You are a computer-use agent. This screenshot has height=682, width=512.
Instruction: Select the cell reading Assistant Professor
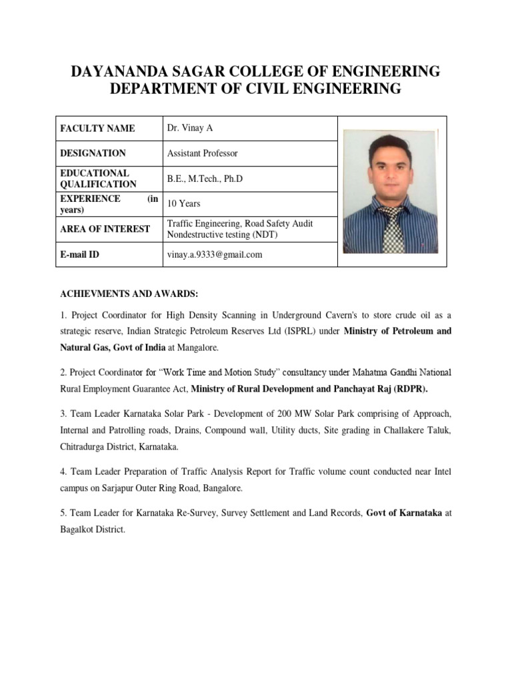(202, 153)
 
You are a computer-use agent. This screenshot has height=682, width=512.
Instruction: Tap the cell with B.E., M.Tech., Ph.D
(207, 178)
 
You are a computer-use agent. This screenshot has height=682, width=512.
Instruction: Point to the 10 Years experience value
(183, 204)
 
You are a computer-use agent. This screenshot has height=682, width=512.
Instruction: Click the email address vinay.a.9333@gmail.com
(215, 254)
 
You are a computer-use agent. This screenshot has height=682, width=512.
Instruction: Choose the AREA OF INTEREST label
(105, 229)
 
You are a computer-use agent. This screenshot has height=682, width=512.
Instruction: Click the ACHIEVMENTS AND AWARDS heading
(127, 294)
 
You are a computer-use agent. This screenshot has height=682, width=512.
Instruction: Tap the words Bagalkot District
(90, 530)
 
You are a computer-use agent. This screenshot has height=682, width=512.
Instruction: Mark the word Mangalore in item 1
(197, 348)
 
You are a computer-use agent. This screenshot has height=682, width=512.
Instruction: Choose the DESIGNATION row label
(93, 153)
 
